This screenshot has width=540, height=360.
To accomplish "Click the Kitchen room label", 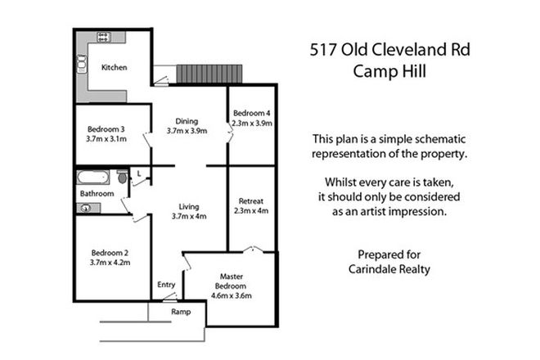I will point(114,68).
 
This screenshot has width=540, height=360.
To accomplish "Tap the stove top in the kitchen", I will point(104,36).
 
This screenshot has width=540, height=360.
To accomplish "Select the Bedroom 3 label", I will point(106,128).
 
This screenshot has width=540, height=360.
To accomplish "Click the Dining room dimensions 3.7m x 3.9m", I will point(187,130).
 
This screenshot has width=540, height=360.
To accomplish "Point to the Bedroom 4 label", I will point(251,113).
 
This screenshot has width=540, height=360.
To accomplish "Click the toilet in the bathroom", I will point(122,178).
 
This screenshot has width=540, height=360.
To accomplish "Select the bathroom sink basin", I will point(85,209).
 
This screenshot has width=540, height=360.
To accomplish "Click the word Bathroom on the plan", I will point(96,193).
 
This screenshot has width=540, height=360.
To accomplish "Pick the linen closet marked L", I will point(140,173).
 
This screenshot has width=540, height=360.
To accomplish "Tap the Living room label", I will point(188,206).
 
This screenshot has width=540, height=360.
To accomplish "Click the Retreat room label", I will point(250,200).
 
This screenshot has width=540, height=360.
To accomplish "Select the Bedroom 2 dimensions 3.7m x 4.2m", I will point(106,263).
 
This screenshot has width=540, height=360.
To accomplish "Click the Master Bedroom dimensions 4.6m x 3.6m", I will point(232,295).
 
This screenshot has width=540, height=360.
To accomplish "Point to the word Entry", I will point(166,285).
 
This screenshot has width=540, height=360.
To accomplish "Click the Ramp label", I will point(180,313).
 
